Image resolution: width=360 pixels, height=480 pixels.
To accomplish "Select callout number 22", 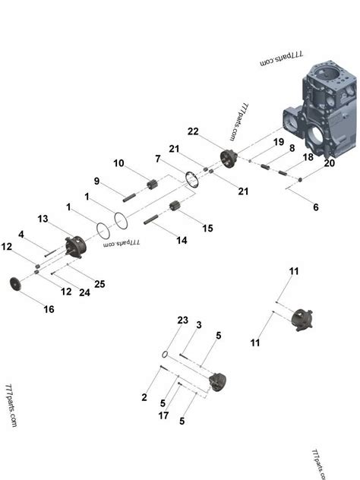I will [194, 131].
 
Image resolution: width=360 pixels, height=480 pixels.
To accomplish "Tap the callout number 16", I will [49, 309].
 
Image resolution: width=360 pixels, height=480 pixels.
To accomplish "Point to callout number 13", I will [43, 219].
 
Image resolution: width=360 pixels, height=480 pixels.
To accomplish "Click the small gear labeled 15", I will [175, 207].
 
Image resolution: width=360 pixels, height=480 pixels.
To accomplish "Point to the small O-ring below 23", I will [165, 354].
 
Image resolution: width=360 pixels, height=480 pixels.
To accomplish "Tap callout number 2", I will [145, 396].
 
